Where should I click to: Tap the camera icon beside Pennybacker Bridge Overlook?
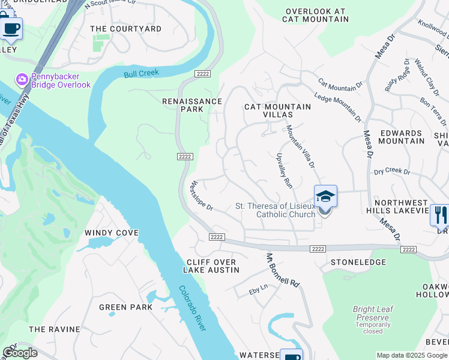pyautogui.click(x=22, y=79)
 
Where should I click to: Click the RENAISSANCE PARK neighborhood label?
pyautogui.click(x=192, y=106)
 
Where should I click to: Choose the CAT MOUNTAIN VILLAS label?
pyautogui.click(x=277, y=110)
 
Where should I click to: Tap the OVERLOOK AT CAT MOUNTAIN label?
pyautogui.click(x=316, y=15)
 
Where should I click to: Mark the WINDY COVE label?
pyautogui.click(x=112, y=233)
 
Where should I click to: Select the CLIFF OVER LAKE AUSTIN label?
pyautogui.click(x=211, y=266)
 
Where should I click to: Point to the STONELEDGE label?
pyautogui.click(x=358, y=262)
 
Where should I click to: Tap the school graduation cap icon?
pyautogui.click(x=325, y=196)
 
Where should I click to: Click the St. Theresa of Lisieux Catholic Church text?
pyautogui.click(x=275, y=210)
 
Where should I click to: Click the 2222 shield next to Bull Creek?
pyautogui.click(x=202, y=73)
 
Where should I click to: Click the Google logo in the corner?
pyautogui.click(x=20, y=353)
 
